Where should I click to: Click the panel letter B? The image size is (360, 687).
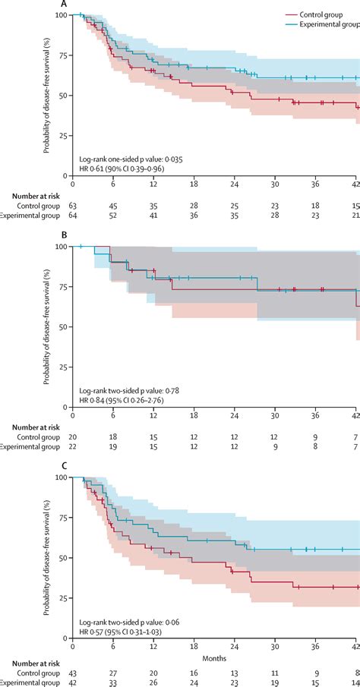64,235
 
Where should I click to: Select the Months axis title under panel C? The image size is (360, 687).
215,657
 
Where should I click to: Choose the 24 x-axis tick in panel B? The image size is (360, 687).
236,414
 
